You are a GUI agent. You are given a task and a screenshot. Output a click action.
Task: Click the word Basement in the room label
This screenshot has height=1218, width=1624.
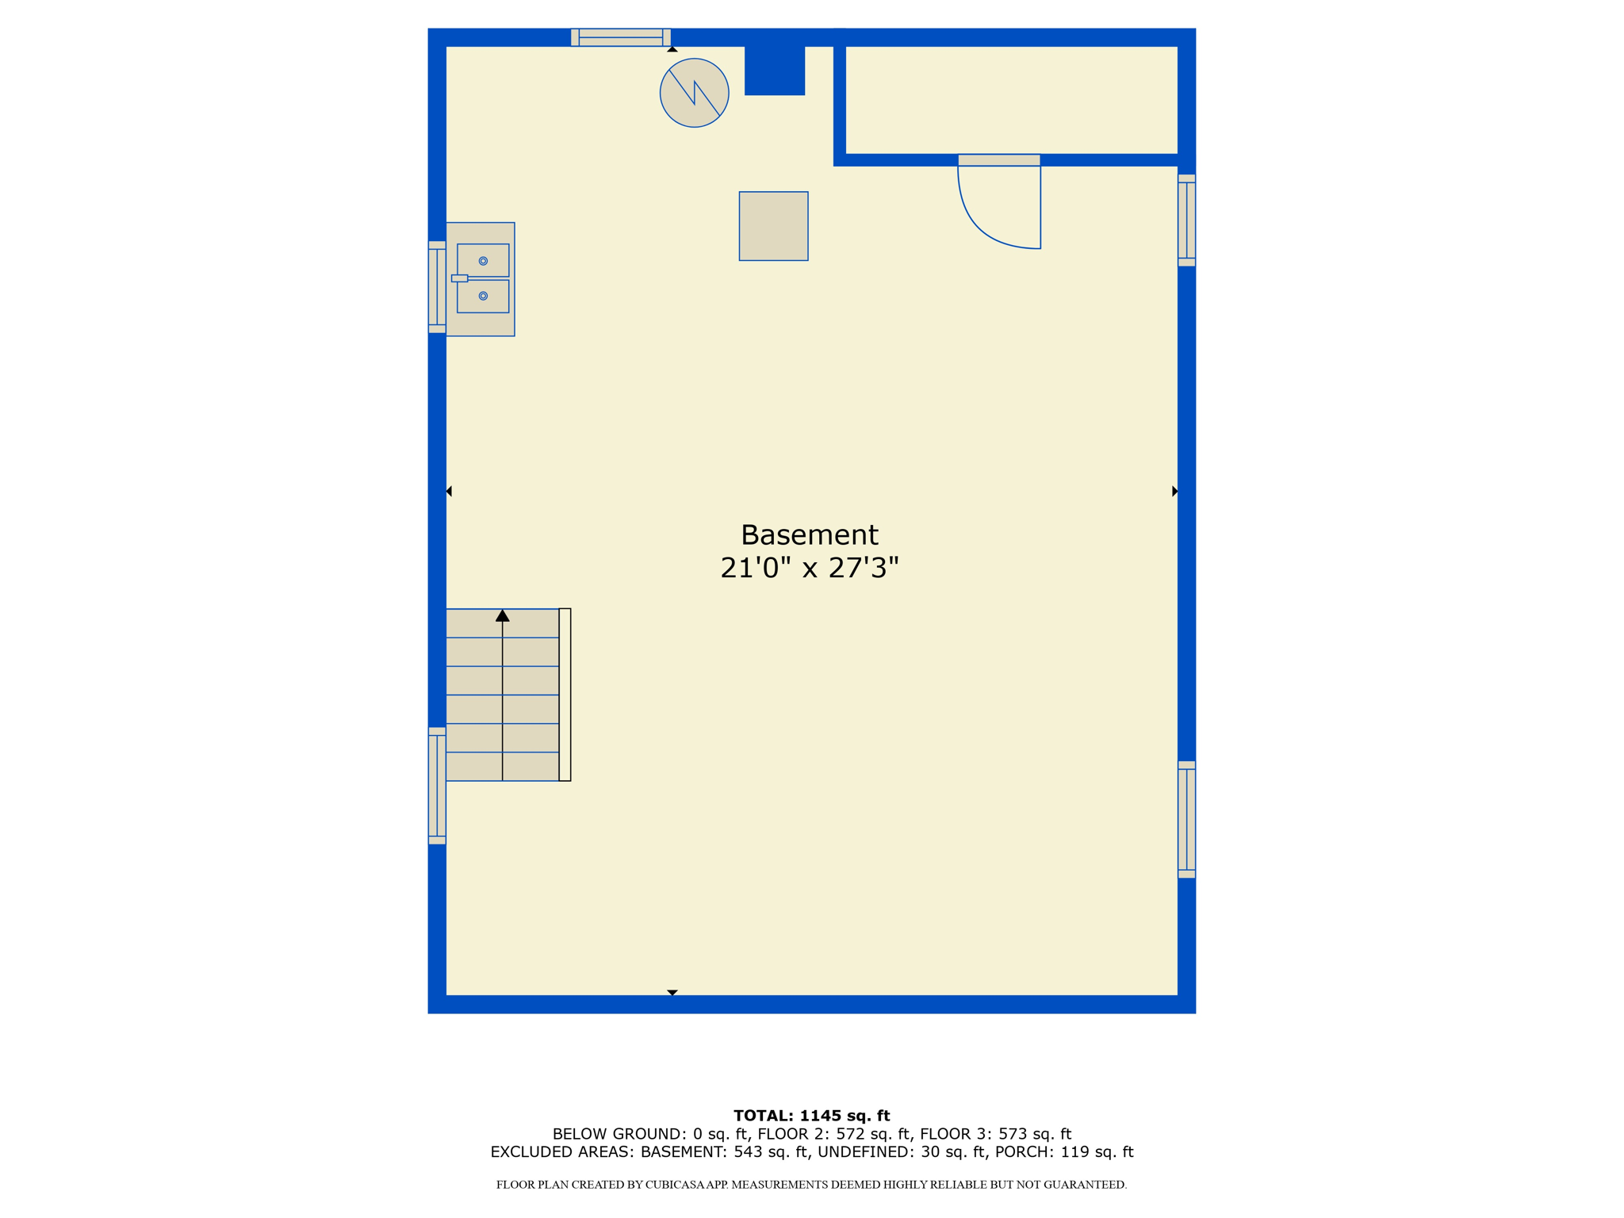click(809, 535)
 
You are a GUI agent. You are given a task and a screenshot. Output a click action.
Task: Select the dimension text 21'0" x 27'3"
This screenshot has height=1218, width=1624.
click(809, 568)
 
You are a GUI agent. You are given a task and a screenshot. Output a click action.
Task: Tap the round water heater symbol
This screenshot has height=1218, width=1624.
click(694, 93)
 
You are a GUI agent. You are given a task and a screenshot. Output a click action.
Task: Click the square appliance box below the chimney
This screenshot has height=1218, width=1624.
click(773, 226)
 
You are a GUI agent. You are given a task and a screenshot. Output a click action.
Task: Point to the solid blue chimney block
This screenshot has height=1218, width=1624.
click(775, 70)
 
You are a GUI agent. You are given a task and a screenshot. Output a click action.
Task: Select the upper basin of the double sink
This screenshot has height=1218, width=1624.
click(483, 260)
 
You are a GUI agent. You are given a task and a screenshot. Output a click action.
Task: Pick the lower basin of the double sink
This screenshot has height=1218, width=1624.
click(483, 296)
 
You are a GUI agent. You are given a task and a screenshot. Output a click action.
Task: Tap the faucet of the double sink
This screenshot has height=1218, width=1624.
click(459, 278)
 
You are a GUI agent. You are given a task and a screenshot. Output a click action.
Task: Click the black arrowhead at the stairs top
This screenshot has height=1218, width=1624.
click(502, 615)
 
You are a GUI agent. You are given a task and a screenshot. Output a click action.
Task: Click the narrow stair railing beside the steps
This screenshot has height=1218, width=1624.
click(565, 695)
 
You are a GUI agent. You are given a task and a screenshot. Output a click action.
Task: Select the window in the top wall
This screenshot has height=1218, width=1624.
click(621, 37)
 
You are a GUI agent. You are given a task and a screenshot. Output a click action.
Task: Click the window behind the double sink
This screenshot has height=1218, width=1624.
click(437, 287)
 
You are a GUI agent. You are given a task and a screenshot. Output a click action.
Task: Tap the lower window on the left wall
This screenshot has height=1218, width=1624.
click(437, 786)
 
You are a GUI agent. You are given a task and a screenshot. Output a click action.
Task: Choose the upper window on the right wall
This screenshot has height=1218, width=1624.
click(1186, 220)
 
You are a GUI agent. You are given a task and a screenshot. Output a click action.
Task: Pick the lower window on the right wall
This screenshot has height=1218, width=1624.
click(1186, 820)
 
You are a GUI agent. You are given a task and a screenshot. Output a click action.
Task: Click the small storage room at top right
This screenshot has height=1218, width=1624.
click(1011, 100)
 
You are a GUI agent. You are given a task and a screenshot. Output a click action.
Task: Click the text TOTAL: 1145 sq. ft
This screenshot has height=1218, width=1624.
click(811, 1116)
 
